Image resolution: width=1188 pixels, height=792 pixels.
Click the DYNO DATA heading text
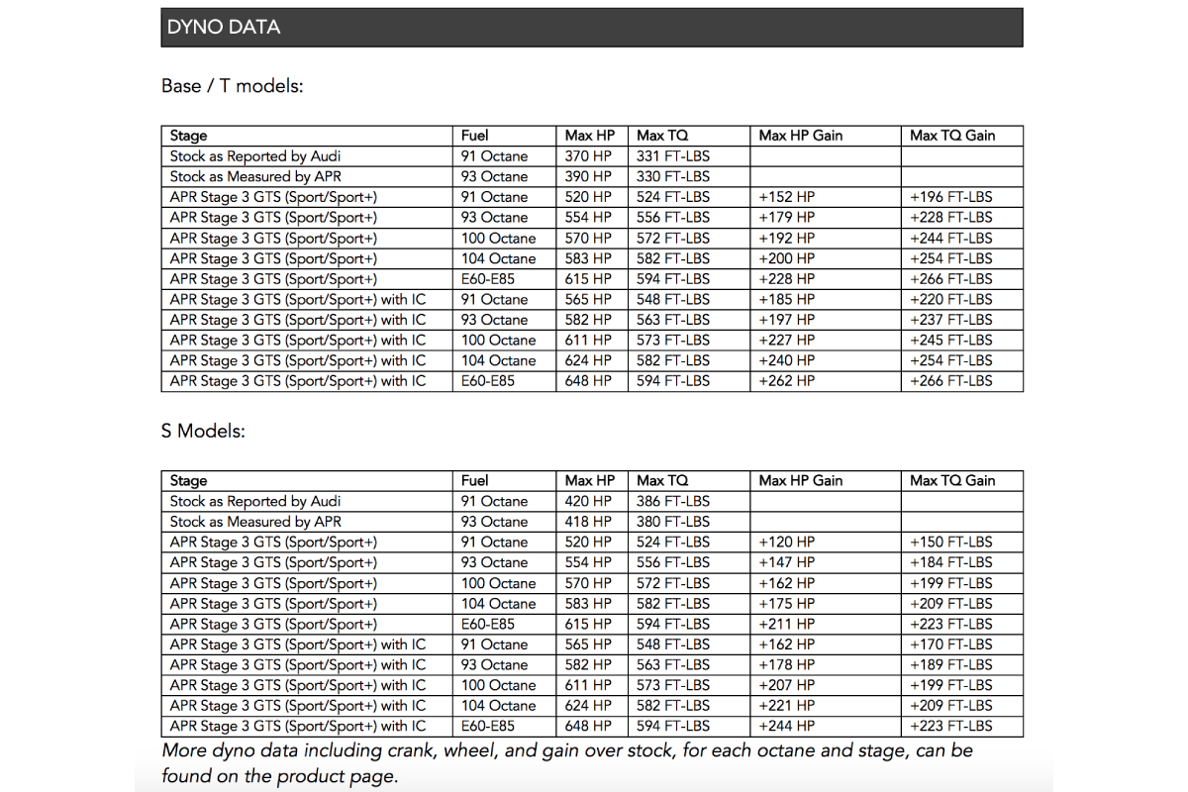pos(224,28)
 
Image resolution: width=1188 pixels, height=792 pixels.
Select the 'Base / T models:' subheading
pos(232,86)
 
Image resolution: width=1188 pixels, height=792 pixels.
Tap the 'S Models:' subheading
pos(203,432)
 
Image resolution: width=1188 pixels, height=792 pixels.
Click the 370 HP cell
pos(588,156)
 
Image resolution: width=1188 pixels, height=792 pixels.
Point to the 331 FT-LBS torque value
pos(673,156)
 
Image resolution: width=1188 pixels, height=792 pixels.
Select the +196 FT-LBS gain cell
pos(950,197)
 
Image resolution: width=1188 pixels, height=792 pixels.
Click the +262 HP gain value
pos(786,381)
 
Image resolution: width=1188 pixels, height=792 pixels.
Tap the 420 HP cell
pos(588,502)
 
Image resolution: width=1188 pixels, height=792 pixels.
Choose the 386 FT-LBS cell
pos(673,502)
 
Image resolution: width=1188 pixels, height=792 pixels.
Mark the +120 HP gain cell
pos(786,543)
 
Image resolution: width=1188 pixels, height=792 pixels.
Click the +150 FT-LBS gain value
pos(950,543)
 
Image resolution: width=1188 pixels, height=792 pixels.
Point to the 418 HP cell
pos(588,522)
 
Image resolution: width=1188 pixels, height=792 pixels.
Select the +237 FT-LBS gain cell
pos(950,320)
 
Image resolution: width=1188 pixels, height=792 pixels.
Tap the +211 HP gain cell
pos(786,625)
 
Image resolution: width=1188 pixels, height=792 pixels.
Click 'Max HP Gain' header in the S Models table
pos(801,481)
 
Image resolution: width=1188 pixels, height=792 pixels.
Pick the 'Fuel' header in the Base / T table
pos(475,136)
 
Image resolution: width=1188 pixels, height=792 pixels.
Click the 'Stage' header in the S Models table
pos(189,481)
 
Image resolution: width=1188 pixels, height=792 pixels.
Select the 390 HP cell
pos(588,177)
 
